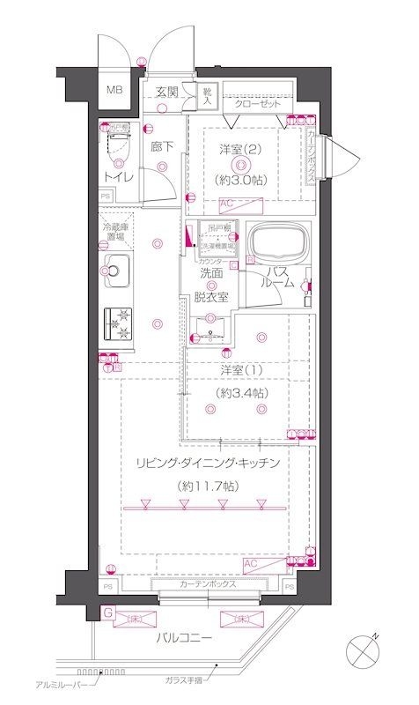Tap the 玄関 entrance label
[x=168, y=91]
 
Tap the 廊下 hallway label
[x=161, y=146]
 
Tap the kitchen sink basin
[x=118, y=271]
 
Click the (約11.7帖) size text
[x=206, y=484]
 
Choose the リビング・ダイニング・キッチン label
[x=207, y=462]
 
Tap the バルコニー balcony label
[x=183, y=636]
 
